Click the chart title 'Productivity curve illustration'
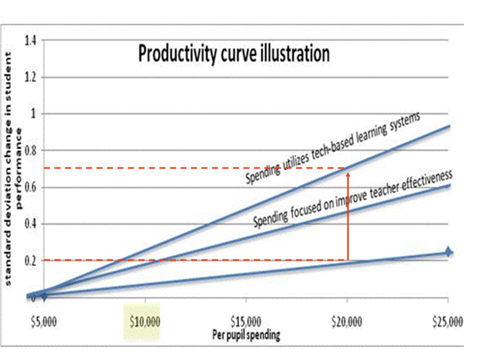coord(233,53)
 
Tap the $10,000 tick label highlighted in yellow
coord(145,321)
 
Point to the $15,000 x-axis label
coord(246,321)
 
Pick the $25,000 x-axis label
coord(447,321)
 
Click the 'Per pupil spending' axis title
coord(246,334)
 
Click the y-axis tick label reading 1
coord(33,114)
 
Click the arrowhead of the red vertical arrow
coord(348,174)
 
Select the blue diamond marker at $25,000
coord(448,251)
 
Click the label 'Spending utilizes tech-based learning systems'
coord(332,148)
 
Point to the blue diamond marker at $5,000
coord(44,296)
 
